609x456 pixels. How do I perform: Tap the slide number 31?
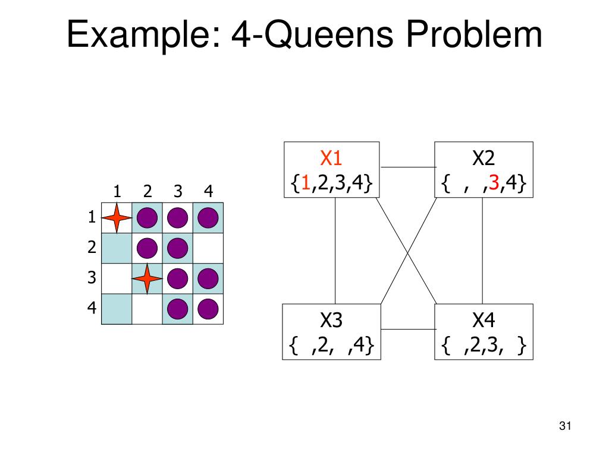[565, 426]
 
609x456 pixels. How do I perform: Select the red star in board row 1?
[117, 218]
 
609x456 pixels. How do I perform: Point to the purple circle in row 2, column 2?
[147, 249]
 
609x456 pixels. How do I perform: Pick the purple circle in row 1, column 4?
[208, 218]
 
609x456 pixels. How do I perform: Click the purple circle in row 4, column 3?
[178, 309]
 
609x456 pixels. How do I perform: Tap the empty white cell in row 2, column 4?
[208, 249]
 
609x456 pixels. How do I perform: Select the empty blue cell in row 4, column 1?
[117, 309]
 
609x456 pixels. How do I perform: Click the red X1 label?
[331, 159]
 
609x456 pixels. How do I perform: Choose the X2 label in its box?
[484, 159]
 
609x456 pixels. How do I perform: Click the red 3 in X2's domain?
[494, 183]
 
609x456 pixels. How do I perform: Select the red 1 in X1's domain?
[305, 183]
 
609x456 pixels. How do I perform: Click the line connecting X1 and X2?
[407, 167]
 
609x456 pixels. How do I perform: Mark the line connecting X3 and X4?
[407, 329]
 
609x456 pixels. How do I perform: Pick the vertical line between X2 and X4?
[482, 250]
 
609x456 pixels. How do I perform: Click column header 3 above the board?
[178, 191]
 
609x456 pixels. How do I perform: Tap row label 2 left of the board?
[92, 248]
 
